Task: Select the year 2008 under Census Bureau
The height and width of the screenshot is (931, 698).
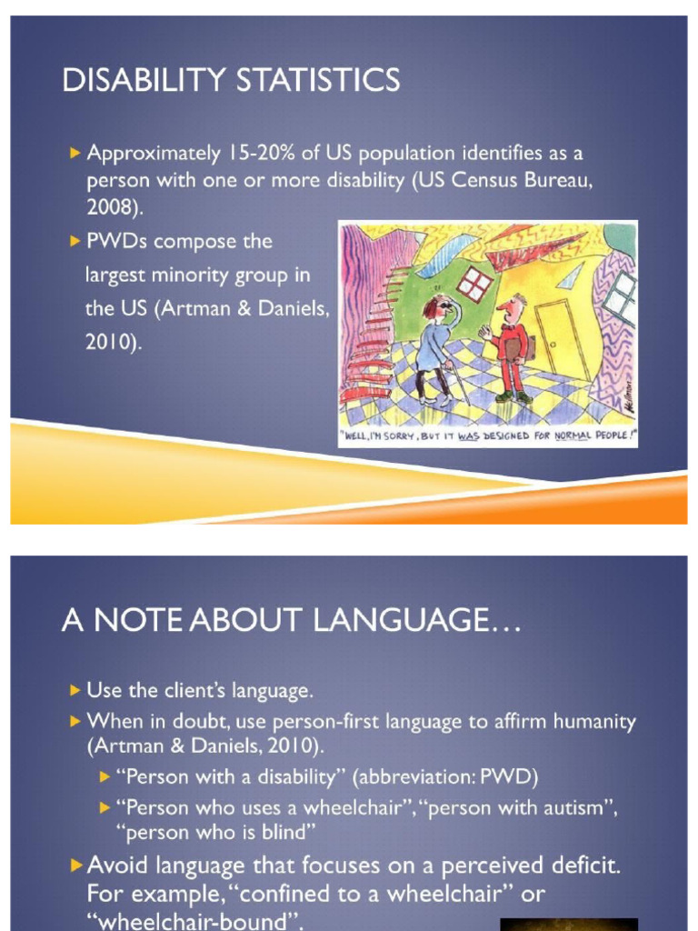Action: coord(113,207)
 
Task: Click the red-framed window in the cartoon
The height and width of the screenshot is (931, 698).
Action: coord(474,285)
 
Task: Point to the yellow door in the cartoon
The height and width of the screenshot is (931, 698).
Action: coord(555,338)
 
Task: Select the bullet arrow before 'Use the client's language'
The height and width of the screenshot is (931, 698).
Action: coord(75,689)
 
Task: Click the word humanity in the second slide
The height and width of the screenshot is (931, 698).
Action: coord(595,722)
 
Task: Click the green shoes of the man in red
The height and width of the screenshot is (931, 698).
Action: coord(514,397)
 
